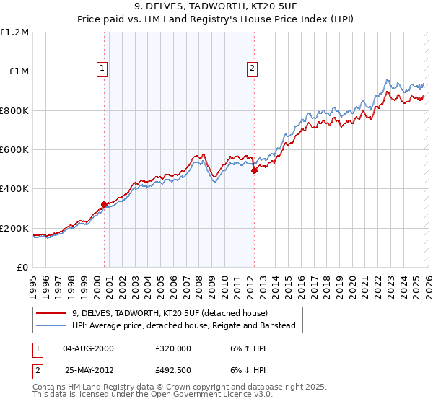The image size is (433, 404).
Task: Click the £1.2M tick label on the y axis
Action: [14, 32]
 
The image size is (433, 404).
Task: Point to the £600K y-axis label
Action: [14, 150]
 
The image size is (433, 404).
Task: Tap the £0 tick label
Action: [22, 268]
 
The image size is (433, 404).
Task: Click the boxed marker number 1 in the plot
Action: [102, 69]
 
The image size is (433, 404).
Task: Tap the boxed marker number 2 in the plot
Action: [252, 69]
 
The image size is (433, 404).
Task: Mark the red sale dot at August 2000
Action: [104, 204]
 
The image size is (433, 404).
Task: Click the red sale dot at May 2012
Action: [254, 171]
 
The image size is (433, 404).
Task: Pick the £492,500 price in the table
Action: [172, 371]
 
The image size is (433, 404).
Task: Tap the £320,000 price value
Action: [172, 348]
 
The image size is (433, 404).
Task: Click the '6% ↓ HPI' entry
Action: [242, 371]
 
